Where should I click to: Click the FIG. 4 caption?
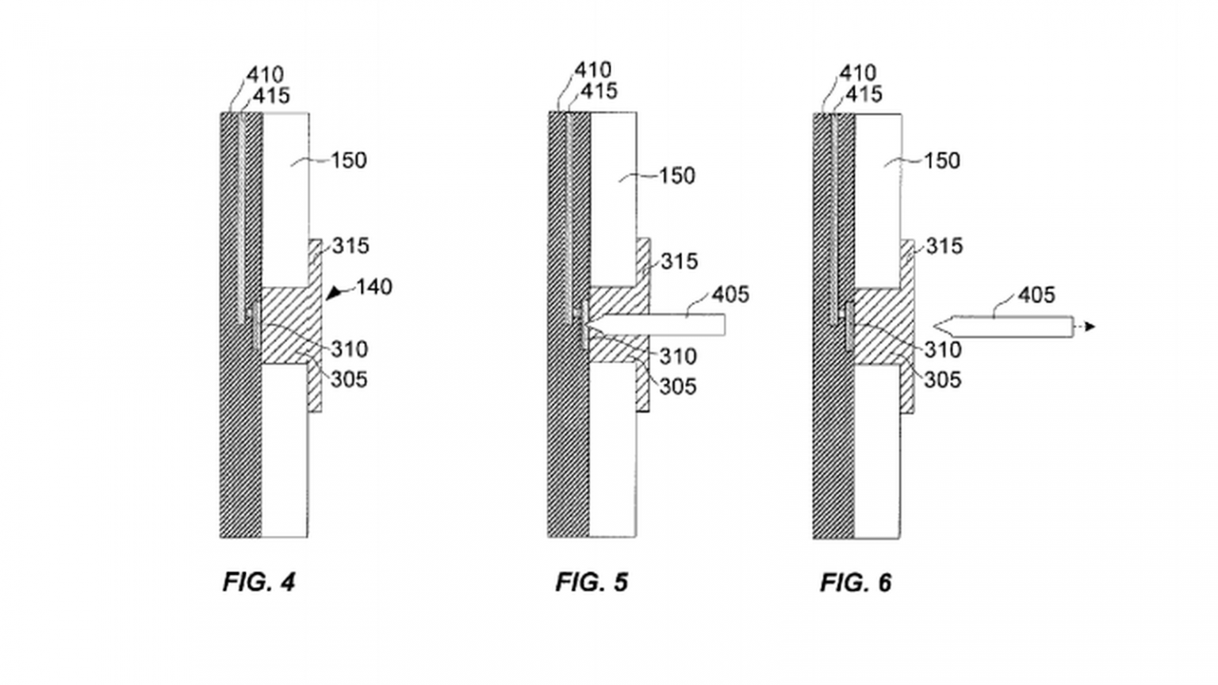259,582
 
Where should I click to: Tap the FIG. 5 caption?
592,582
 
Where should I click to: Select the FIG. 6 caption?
856,583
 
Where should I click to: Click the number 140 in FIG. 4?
373,286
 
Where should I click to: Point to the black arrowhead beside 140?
335,293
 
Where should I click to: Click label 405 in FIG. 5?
730,294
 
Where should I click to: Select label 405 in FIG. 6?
1036,295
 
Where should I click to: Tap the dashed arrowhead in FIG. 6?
1090,326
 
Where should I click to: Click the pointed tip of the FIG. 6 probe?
936,325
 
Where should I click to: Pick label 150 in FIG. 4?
348,160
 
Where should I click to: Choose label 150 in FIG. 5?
676,175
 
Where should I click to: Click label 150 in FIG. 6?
941,160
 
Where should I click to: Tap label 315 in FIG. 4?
350,246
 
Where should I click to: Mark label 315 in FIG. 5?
679,261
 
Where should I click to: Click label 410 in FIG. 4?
264,75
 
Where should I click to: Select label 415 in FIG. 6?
864,94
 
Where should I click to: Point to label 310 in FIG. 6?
942,349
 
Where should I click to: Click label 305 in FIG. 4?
349,379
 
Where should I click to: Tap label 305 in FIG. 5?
678,386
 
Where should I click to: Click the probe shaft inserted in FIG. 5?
666,324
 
